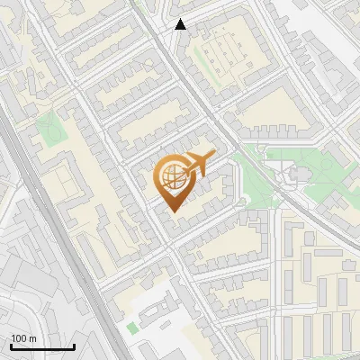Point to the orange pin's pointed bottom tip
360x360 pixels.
pos(171,211)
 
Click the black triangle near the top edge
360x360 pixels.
pos(181,24)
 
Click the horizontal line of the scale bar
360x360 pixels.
pos(42,347)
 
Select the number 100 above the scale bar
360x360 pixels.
pos(19,338)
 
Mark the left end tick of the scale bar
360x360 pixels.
pos(11,346)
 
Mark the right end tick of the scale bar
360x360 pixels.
pos(74,346)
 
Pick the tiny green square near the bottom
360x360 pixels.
pos(133,328)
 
